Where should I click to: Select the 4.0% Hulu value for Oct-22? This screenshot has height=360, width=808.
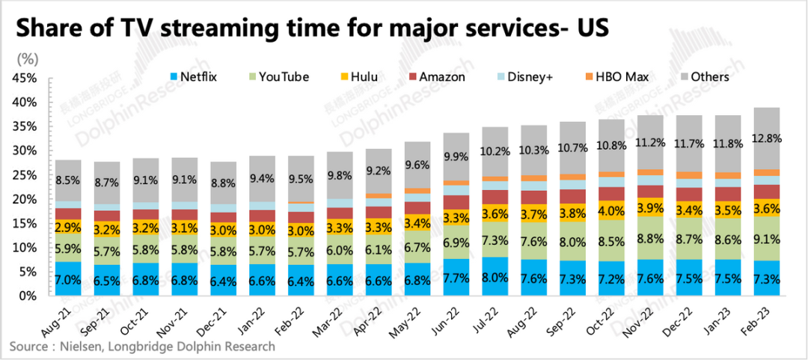pos(610,211)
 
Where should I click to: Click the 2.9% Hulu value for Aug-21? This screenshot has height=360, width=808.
pos(68,226)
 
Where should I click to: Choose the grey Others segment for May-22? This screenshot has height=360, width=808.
pos(416,165)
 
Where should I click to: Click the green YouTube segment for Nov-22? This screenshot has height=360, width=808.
pos(650,240)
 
